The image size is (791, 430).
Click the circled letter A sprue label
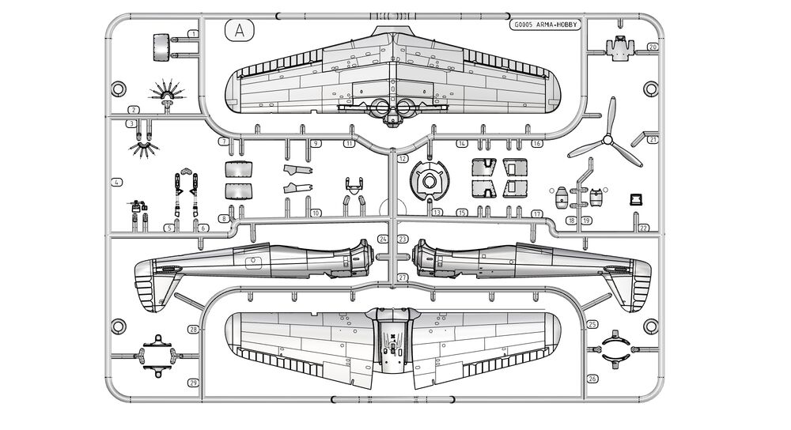tap(239, 31)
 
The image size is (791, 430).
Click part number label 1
tap(193, 34)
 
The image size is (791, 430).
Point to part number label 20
tap(653, 47)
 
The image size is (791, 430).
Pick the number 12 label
tap(402, 158)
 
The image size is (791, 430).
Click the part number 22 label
tap(643, 228)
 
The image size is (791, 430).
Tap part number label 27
tap(402, 277)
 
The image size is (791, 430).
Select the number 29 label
tap(193, 383)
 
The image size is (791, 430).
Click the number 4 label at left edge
tap(116, 183)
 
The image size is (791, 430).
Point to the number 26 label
tap(592, 379)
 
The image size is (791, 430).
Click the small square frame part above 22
tap(636, 200)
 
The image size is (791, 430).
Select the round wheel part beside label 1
tap(161, 47)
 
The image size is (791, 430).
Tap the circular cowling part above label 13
tap(430, 180)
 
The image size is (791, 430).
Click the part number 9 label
tap(316, 144)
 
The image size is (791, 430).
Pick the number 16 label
tap(537, 144)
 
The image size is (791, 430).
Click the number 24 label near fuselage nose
tap(383, 239)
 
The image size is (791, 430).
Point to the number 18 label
tap(572, 221)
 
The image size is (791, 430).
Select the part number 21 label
tap(653, 140)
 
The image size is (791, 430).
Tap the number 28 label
tap(193, 330)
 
